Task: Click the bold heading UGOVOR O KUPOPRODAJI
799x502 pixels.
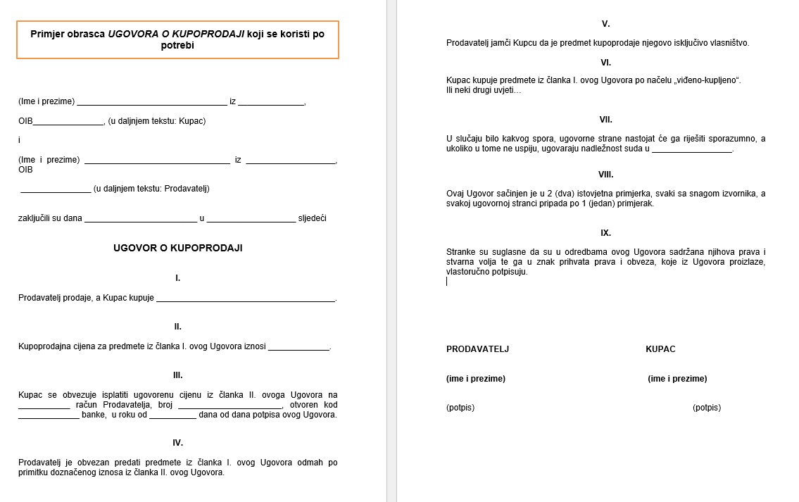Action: pyautogui.click(x=177, y=248)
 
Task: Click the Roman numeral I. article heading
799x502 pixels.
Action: pyautogui.click(x=177, y=278)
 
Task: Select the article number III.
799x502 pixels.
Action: pyautogui.click(x=177, y=375)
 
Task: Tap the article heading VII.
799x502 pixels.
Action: pyautogui.click(x=605, y=120)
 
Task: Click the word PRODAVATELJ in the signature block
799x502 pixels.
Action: pyautogui.click(x=477, y=349)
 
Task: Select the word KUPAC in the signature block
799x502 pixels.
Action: pyautogui.click(x=660, y=349)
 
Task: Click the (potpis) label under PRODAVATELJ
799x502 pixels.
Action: pyautogui.click(x=460, y=408)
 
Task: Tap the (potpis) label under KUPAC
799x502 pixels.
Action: pyautogui.click(x=707, y=408)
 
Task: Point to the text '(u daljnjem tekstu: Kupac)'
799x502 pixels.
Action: pyautogui.click(x=157, y=121)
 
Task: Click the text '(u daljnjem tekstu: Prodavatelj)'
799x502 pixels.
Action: pyautogui.click(x=151, y=188)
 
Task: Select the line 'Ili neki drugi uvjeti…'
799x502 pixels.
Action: pyautogui.click(x=484, y=90)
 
